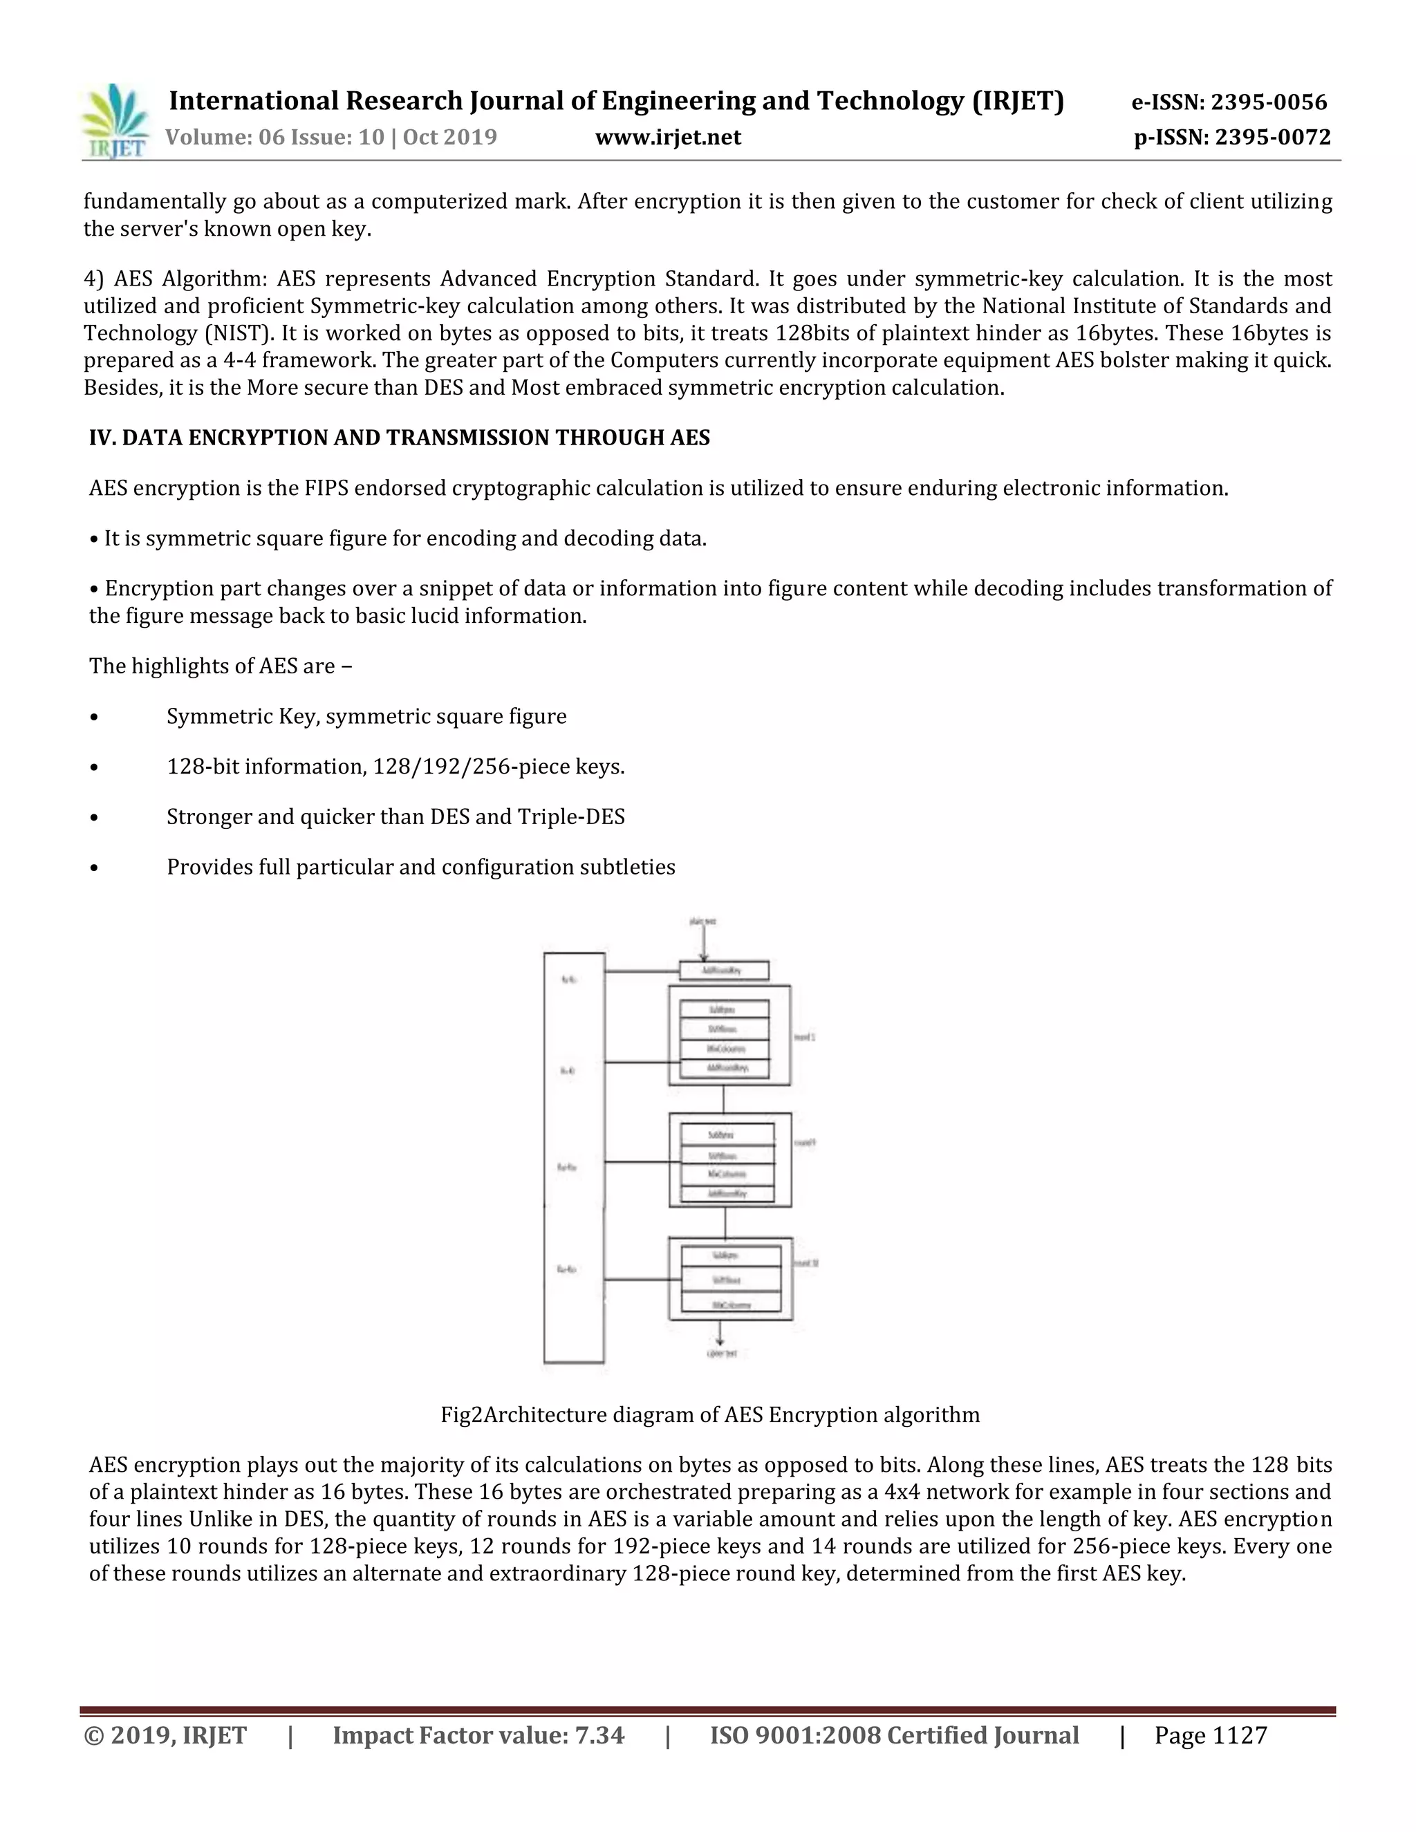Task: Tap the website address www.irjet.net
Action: [x=668, y=137]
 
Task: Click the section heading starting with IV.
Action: [x=400, y=437]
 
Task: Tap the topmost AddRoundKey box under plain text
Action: [x=723, y=971]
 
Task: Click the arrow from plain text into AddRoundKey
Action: [x=704, y=944]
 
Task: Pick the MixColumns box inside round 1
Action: [x=725, y=1049]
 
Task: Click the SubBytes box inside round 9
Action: [x=727, y=1134]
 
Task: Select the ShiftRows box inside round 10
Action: [x=731, y=1280]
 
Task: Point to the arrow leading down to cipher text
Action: [x=720, y=1333]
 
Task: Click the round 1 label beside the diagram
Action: [x=805, y=1037]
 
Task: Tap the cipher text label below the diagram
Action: [x=721, y=1354]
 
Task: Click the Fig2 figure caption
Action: [x=709, y=1414]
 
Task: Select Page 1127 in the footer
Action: [x=1210, y=1735]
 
